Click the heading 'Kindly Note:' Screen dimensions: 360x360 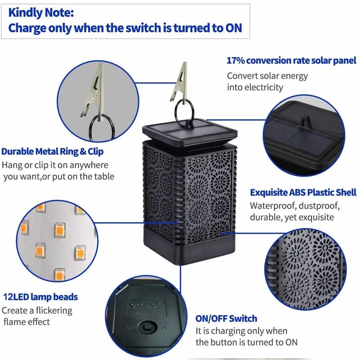point(41,13)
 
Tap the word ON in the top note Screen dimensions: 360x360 point(234,28)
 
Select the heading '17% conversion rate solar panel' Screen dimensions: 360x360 point(291,61)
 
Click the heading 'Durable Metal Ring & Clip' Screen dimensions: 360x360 point(52,152)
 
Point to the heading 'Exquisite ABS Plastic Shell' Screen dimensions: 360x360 point(303,193)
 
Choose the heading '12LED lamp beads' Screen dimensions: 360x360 point(40,297)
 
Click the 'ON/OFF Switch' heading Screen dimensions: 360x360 point(226,319)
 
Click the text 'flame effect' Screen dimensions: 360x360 point(27,322)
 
